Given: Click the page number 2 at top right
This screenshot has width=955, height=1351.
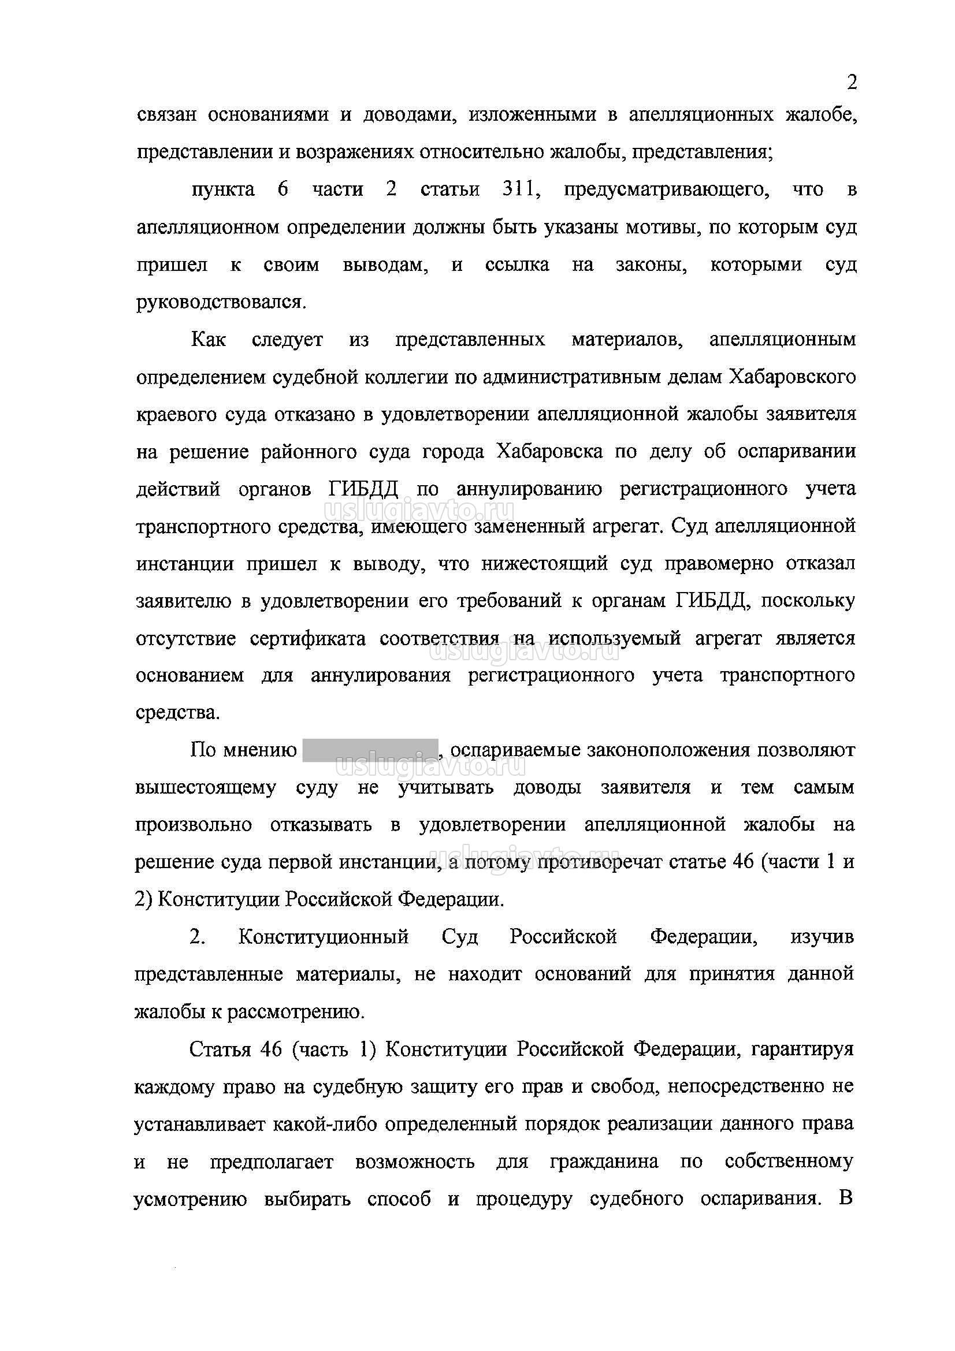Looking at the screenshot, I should click(851, 83).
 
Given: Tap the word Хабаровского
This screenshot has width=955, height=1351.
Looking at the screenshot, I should click(792, 377).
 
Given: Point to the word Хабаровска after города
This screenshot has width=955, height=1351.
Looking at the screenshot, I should click(549, 451).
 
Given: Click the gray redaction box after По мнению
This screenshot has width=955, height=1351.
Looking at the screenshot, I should click(370, 750).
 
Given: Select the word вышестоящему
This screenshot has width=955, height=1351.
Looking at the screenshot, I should click(205, 787).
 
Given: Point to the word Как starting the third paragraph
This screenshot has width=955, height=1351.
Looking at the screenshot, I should click(209, 340).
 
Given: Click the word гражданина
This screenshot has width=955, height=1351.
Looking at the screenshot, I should click(604, 1162).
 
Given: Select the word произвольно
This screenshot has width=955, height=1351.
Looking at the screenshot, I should click(194, 825).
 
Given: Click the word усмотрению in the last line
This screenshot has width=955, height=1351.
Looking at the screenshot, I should click(191, 1199).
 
